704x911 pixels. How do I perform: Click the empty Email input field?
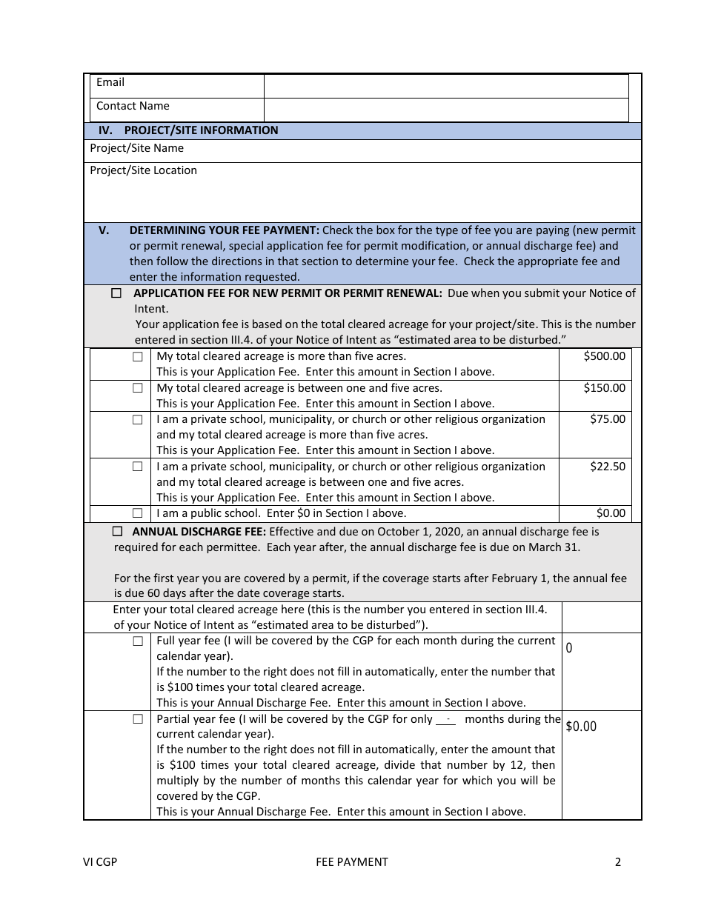pos(446,85)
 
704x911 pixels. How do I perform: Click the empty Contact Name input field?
pos(446,109)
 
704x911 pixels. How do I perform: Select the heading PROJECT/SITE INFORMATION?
pos(201,130)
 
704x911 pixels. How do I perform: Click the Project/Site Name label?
pos(136,148)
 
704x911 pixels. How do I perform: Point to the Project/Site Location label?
pos(143,170)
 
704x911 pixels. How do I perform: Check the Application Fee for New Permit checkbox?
pos(116,293)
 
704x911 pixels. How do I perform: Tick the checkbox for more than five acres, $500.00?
pos(138,356)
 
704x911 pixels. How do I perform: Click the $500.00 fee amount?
pos(604,356)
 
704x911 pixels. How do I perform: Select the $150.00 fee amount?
pos(604,388)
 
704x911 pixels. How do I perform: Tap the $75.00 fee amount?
pos(607,419)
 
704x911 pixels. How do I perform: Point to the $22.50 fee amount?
pos(607,467)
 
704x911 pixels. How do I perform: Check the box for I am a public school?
pos(138,513)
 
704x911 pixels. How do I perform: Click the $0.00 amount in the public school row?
pos(611,513)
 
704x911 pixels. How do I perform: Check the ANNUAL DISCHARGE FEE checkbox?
pos(117,531)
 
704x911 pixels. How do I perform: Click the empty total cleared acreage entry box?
pos(601,616)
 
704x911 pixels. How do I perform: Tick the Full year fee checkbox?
pos(138,641)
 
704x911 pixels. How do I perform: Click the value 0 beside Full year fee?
pos(569,648)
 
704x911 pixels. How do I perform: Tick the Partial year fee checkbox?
pos(138,719)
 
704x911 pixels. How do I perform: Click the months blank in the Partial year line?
pos(447,719)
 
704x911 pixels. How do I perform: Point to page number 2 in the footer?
pos(617,861)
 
